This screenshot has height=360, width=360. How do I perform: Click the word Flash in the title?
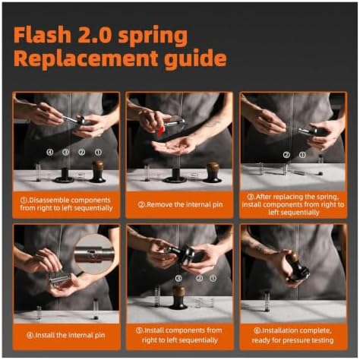coord(43,35)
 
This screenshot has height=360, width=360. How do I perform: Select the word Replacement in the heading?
coord(86,58)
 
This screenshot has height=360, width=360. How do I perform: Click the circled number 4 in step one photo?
coord(50,152)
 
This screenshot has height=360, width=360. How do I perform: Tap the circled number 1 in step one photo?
coord(98,152)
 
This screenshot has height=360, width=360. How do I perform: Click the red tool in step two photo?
coord(161,131)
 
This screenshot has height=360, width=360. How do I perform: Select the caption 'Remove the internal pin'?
coord(180,204)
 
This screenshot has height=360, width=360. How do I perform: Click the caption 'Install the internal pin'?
coord(66,335)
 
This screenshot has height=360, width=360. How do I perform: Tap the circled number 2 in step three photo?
coord(286,155)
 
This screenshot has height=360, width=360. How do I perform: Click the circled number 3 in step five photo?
coord(178,278)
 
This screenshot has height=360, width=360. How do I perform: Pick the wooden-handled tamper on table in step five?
coord(179,297)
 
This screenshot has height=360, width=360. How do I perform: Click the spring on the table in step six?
coord(267,302)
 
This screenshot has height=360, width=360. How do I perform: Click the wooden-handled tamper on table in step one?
coord(98,172)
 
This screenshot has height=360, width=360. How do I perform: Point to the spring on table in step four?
coord(39,313)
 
